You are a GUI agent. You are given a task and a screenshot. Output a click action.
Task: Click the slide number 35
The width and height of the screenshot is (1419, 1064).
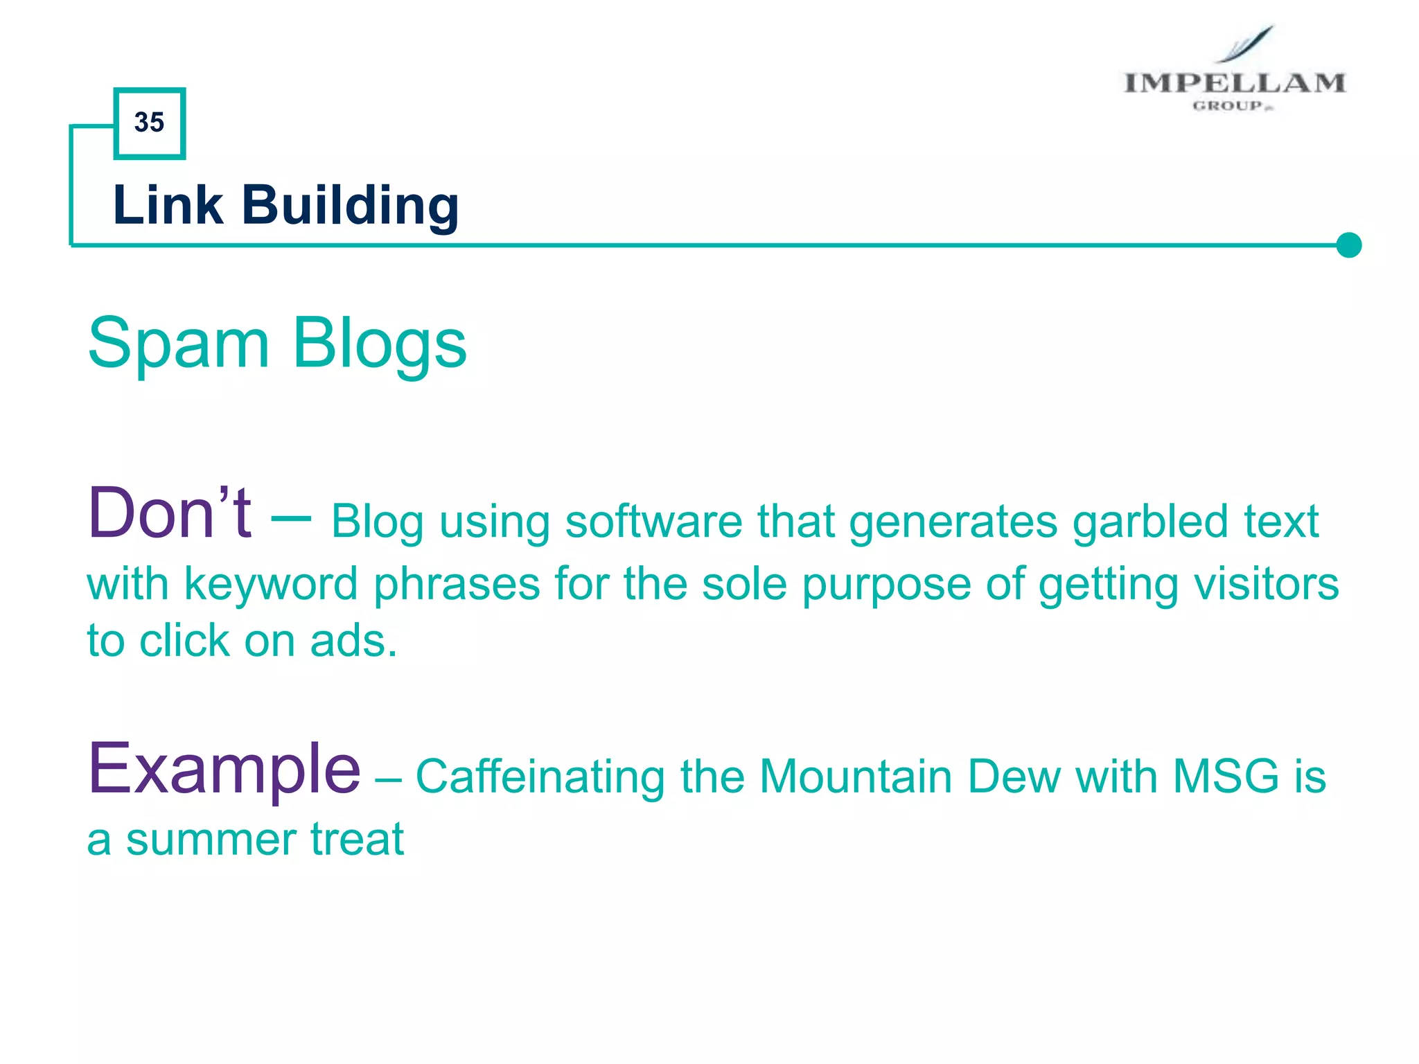click(x=149, y=123)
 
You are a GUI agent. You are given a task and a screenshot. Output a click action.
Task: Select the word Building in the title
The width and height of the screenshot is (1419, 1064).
click(x=350, y=206)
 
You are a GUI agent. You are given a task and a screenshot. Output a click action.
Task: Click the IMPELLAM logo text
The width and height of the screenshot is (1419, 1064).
click(x=1234, y=83)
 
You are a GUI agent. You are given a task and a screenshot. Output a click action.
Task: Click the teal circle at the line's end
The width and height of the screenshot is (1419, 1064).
click(x=1348, y=245)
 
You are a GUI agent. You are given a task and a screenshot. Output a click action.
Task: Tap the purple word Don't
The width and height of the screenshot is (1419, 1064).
click(x=170, y=513)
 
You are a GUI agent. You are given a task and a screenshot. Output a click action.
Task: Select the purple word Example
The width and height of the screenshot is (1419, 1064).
click(x=224, y=768)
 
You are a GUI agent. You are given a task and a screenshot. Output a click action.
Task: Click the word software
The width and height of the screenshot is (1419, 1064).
click(x=653, y=521)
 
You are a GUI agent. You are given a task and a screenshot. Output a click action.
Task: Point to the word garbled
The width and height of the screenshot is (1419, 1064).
click(x=1149, y=521)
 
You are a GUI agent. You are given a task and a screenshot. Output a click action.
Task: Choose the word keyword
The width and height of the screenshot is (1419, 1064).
click(x=271, y=584)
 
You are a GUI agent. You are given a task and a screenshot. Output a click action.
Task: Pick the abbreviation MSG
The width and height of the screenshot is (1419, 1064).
click(x=1226, y=777)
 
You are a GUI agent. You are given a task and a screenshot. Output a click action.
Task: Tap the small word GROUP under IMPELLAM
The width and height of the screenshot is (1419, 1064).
click(x=1228, y=106)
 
